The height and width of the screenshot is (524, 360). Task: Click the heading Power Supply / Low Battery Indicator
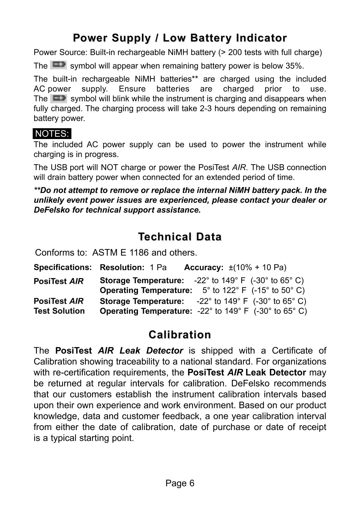click(x=180, y=38)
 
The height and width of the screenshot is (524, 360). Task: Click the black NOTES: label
click(x=52, y=134)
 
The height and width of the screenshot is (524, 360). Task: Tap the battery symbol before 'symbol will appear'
click(x=58, y=65)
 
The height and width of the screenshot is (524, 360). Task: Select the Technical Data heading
click(x=180, y=237)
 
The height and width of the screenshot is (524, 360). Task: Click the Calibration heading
click(x=180, y=335)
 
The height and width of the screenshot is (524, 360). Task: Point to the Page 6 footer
click(x=180, y=483)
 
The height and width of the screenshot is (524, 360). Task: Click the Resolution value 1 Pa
click(x=158, y=267)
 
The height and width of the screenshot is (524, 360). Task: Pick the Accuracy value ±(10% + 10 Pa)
click(x=257, y=267)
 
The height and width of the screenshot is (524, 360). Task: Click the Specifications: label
click(x=63, y=267)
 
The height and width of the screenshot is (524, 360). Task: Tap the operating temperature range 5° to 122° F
click(x=224, y=290)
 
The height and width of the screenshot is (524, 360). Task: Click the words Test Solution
click(x=59, y=311)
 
